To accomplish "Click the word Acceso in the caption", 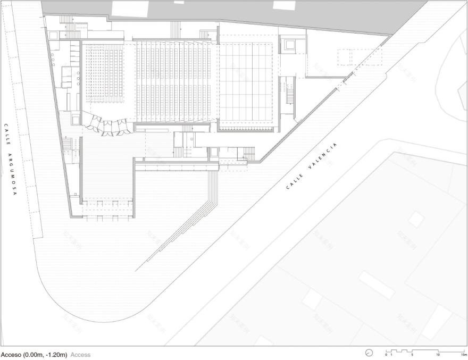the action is tap(12, 355).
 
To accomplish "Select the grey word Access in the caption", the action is tap(80, 355).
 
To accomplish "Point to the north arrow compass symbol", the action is tap(369, 353).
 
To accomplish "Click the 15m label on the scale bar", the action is tap(464, 355).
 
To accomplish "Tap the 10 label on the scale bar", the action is tap(438, 355).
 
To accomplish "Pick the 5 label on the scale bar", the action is tap(412, 355).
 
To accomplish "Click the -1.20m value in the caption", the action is tap(56, 355).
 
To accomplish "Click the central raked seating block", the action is tap(175, 80).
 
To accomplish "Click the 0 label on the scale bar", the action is tap(386, 355).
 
